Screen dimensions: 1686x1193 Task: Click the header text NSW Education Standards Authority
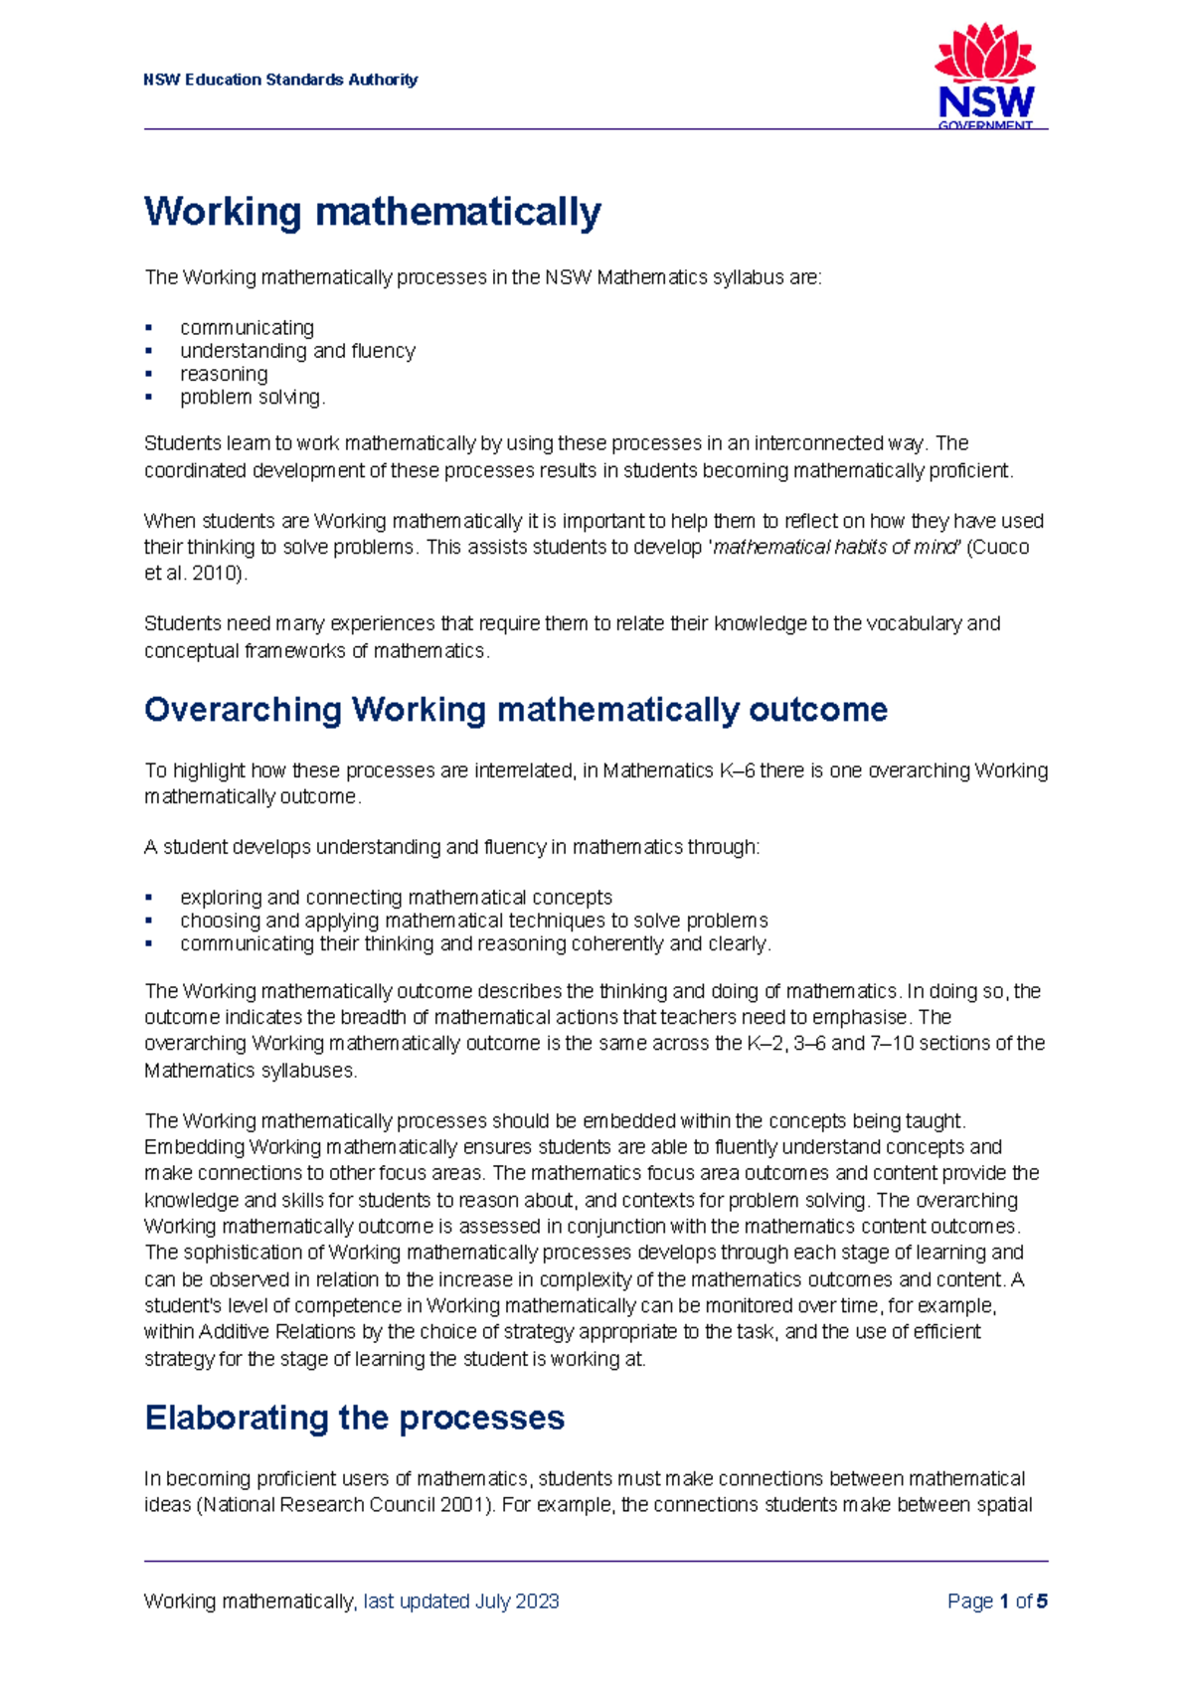click(280, 80)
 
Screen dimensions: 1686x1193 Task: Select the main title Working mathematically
click(373, 212)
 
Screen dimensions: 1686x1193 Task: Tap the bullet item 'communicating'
click(247, 327)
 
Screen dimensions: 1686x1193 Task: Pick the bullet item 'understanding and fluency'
click(297, 350)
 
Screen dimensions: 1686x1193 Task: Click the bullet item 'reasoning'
click(224, 374)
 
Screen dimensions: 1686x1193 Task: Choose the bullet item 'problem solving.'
click(253, 397)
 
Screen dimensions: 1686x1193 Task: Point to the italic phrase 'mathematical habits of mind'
click(835, 547)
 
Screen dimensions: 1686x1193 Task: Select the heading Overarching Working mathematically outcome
click(515, 710)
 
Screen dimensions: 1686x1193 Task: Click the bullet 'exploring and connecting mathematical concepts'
click(396, 897)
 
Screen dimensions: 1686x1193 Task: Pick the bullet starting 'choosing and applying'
click(473, 921)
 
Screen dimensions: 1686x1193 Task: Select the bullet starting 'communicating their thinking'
click(475, 943)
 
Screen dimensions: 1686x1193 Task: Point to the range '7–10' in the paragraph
click(893, 1043)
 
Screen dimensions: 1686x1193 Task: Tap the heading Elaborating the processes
click(354, 1418)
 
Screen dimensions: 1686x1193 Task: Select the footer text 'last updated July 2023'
click(461, 1602)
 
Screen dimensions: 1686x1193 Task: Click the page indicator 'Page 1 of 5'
click(997, 1602)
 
